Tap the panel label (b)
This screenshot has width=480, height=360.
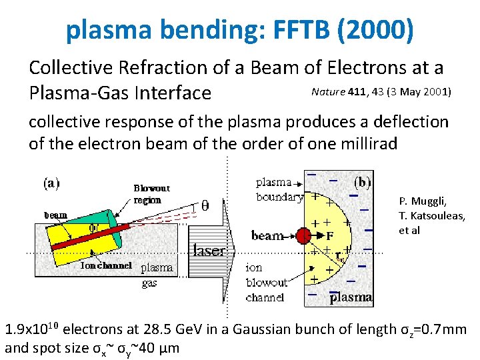coord(362,181)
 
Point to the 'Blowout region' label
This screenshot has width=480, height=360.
coord(151,193)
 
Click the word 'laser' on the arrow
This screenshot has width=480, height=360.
coord(209,251)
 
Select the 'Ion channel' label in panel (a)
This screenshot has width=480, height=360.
coord(106,265)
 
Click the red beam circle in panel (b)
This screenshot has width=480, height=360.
coord(304,235)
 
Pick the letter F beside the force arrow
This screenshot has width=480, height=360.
coord(329,235)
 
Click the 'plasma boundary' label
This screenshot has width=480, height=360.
coord(279,189)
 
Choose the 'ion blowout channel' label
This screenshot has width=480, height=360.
coord(266,282)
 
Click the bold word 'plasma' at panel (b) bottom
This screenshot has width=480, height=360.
coord(351,297)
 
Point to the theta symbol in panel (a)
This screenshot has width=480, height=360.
coord(204,205)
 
